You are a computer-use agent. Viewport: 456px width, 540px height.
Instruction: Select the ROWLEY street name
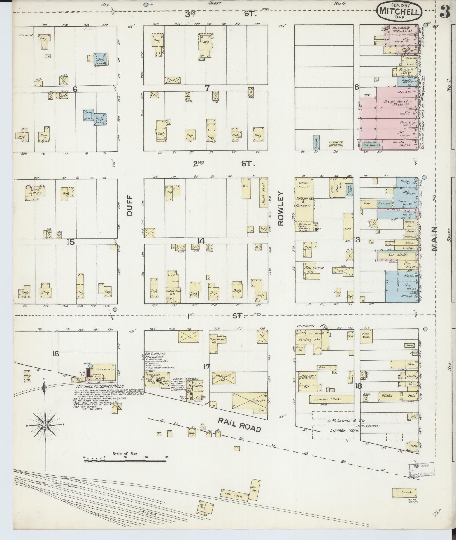pyautogui.click(x=281, y=209)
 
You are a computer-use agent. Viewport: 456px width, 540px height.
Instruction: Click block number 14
pyautogui.click(x=201, y=241)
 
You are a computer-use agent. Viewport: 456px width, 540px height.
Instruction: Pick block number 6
pyautogui.click(x=75, y=89)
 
